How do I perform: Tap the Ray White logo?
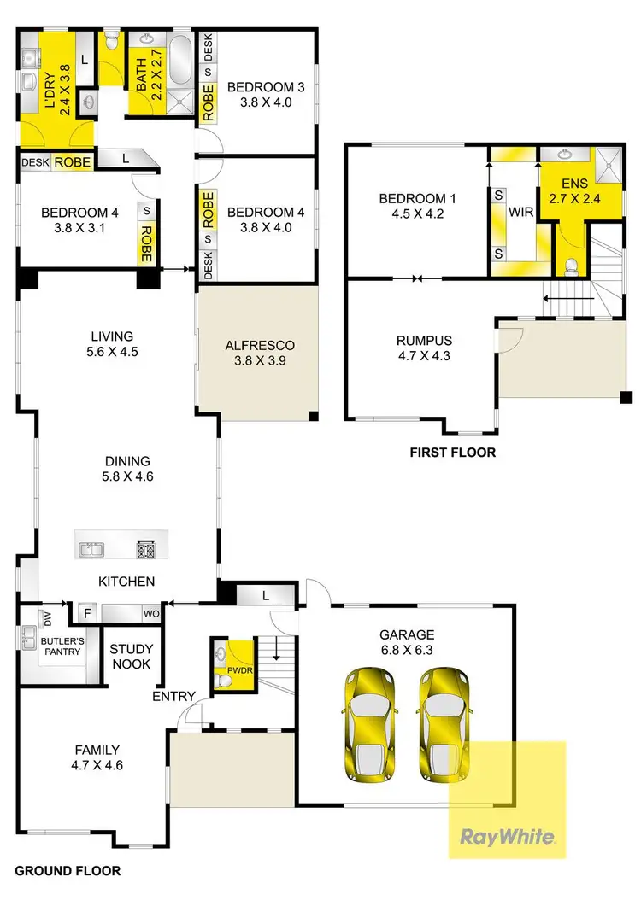(508, 836)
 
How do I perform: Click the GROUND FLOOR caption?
(68, 871)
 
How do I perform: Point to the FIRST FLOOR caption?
(453, 453)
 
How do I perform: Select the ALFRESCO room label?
(259, 346)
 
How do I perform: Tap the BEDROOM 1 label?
(418, 199)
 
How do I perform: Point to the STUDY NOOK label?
(131, 656)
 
